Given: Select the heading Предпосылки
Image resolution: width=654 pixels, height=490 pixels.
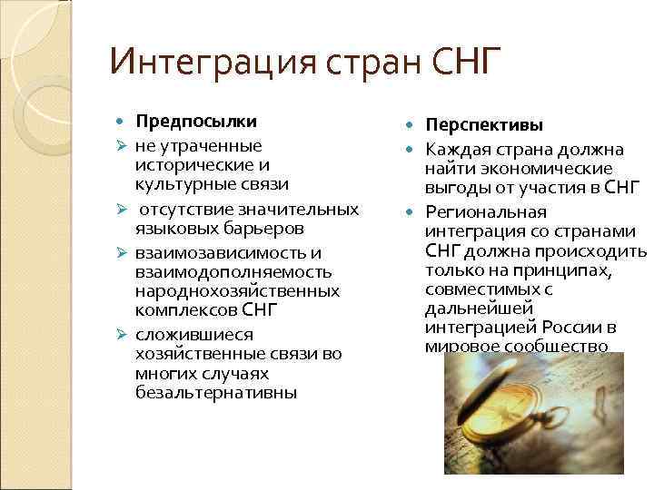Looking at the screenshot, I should pyautogui.click(x=195, y=122).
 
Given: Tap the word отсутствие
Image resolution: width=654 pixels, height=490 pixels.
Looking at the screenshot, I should pyautogui.click(x=186, y=210).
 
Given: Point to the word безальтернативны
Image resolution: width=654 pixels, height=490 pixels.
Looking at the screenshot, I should pyautogui.click(x=214, y=392).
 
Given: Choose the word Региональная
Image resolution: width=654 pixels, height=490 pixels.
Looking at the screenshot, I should pyautogui.click(x=485, y=212).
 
